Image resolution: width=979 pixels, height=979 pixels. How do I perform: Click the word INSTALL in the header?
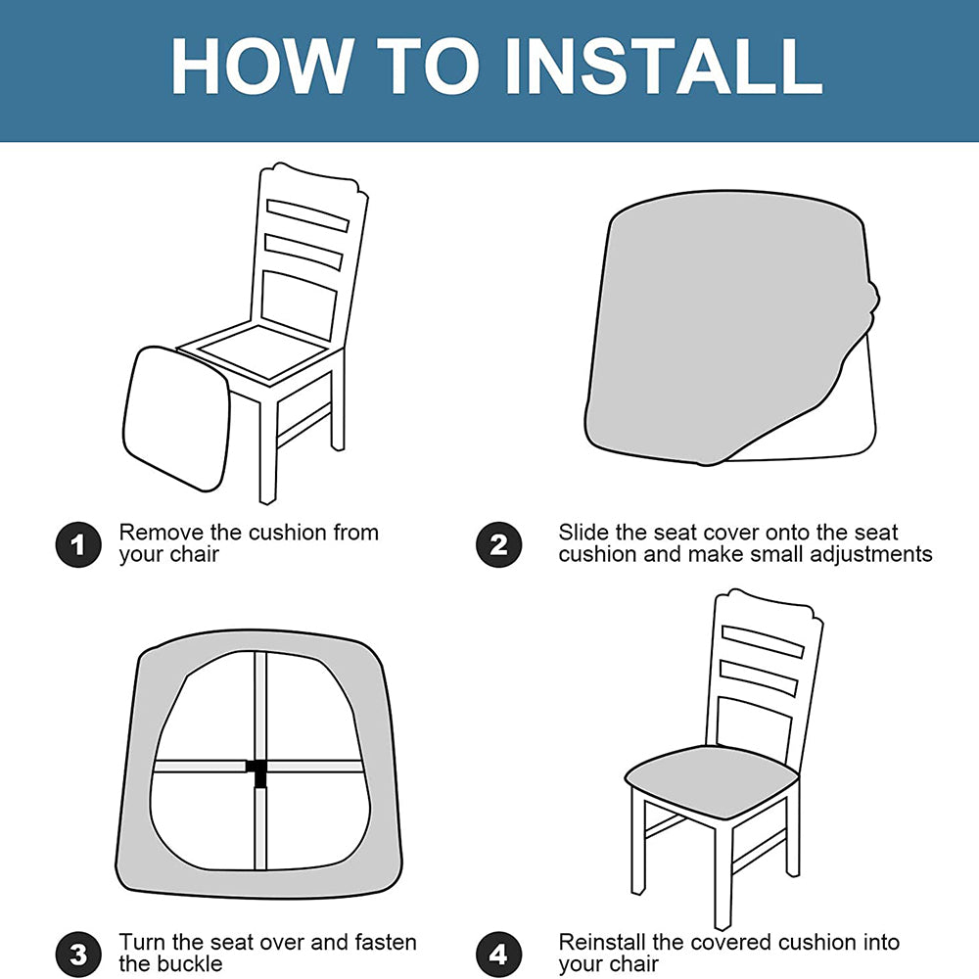click(x=664, y=67)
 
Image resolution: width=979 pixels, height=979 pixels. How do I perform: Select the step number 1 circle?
click(x=78, y=544)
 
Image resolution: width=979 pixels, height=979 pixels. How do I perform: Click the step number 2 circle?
click(x=498, y=544)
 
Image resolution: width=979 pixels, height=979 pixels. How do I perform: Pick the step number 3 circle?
click(x=78, y=954)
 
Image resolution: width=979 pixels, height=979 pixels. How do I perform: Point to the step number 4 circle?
click(x=498, y=954)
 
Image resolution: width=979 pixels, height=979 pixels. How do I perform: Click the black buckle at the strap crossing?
click(x=257, y=771)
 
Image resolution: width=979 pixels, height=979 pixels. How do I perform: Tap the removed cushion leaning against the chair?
click(x=176, y=417)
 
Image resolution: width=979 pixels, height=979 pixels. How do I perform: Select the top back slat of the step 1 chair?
click(x=307, y=214)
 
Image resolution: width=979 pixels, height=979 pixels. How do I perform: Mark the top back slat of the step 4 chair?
click(x=763, y=640)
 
